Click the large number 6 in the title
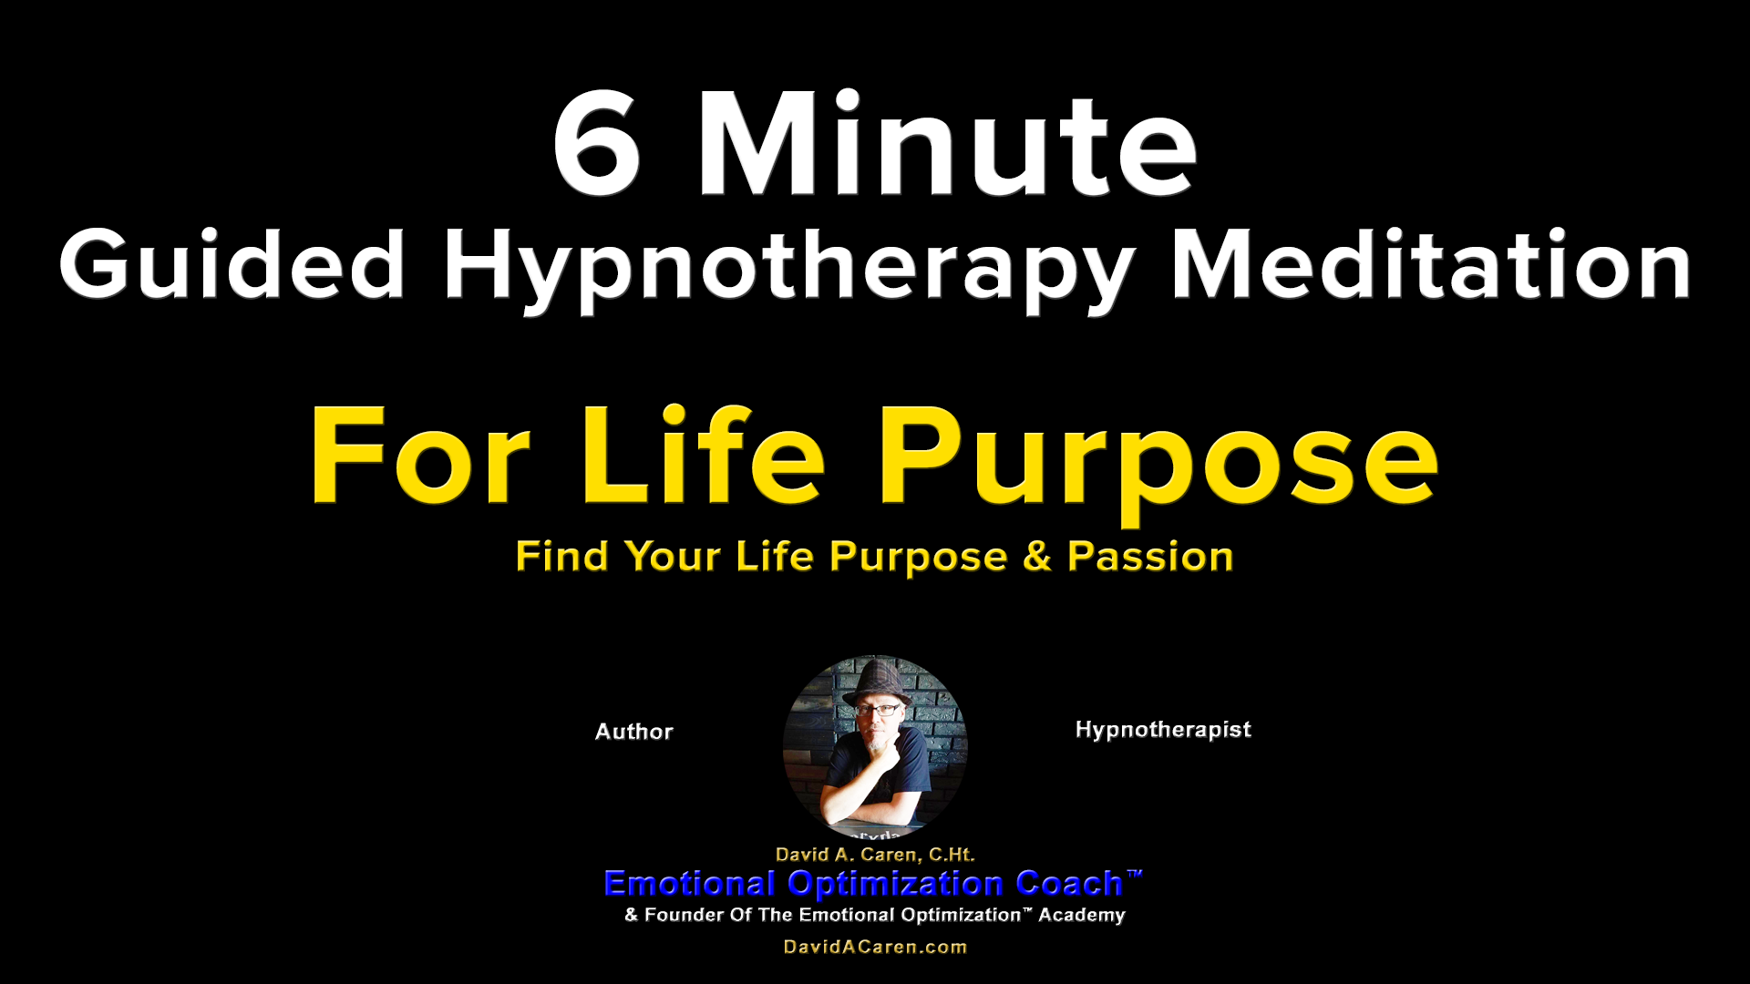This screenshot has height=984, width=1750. point(597,143)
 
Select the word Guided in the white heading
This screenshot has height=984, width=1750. point(232,264)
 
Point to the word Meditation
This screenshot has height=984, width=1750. point(1431,264)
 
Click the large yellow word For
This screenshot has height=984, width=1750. point(420,455)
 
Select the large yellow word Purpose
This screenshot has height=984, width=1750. point(1158,465)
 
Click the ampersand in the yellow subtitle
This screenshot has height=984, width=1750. point(1037,557)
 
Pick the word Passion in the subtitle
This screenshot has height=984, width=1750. point(1150,557)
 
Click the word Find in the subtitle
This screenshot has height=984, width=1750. point(561,557)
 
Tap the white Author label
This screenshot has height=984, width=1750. point(634,732)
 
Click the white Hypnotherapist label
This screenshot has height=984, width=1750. point(1163,731)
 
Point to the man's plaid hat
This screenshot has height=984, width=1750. point(876,682)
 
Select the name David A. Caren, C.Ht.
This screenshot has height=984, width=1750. point(875,855)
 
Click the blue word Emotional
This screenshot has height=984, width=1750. point(689,884)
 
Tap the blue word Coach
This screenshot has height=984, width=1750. point(1069,884)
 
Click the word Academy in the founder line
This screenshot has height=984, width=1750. point(1082,915)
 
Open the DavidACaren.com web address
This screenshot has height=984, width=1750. point(875,947)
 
